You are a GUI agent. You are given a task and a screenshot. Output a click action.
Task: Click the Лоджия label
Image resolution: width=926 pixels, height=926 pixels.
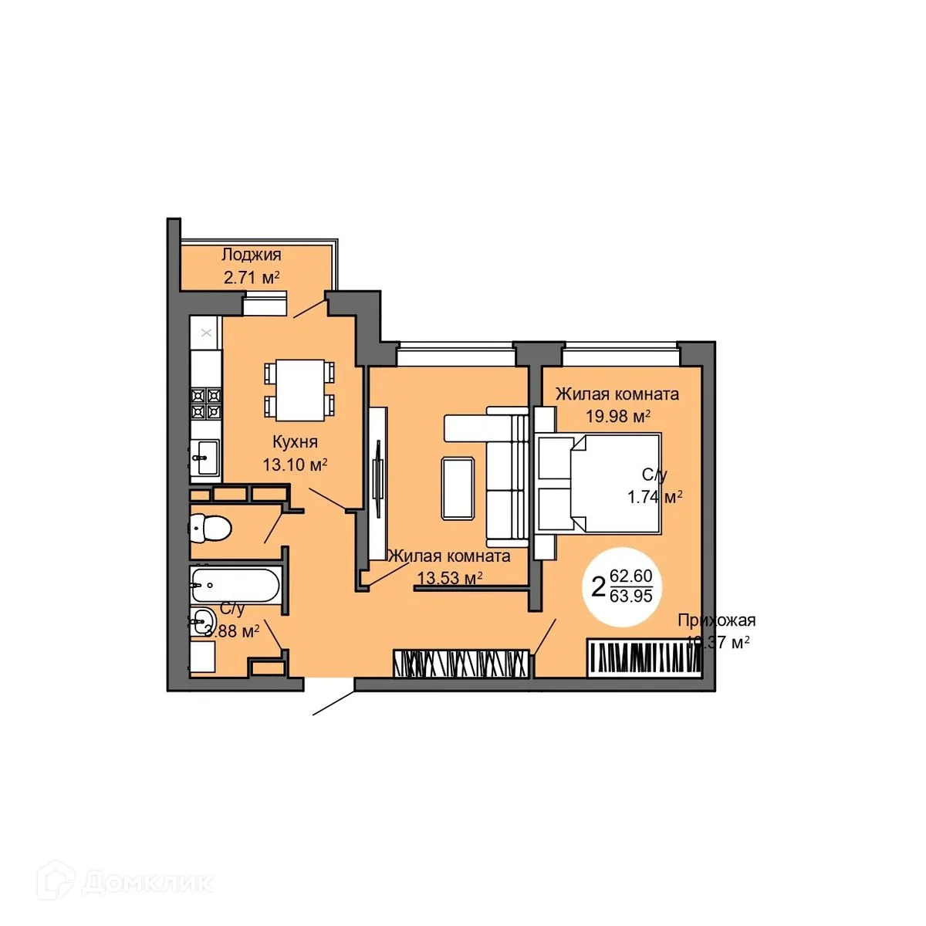(251, 255)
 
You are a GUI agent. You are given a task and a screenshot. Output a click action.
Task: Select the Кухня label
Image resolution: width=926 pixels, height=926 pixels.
(295, 442)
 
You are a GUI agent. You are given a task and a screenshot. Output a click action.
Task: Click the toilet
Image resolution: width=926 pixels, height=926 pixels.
(211, 529)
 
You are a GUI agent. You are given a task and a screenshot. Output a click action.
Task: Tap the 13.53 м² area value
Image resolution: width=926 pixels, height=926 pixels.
(450, 578)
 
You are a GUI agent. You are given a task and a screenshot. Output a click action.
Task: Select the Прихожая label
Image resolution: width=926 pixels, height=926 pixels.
(716, 620)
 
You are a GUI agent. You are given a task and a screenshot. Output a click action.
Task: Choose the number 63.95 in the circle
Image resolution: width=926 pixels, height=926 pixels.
(630, 596)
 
